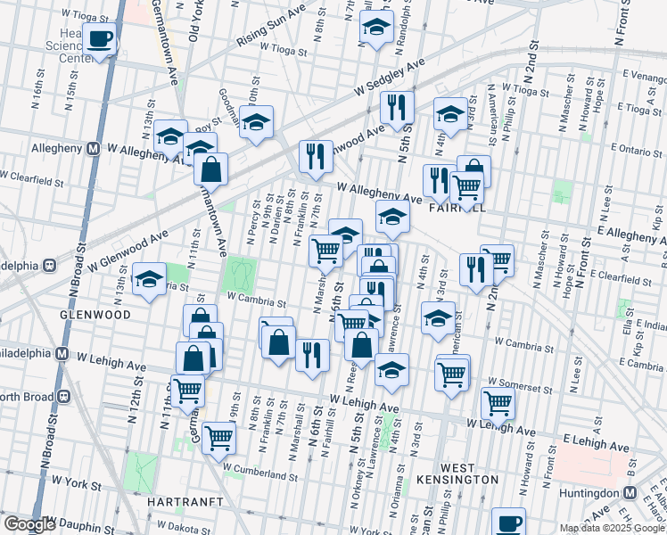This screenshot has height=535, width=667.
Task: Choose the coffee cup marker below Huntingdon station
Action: point(508,523)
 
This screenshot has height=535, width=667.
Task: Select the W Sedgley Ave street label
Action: point(388,76)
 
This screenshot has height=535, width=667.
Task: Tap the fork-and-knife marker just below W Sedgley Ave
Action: point(397,107)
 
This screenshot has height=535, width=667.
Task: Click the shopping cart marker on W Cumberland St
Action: point(218,437)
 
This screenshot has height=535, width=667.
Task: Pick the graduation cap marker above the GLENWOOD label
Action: point(149,279)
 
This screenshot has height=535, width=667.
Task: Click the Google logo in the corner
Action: point(29,524)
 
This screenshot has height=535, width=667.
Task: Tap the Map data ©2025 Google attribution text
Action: point(612,528)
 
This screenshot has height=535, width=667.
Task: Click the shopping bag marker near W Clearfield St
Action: point(211,168)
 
